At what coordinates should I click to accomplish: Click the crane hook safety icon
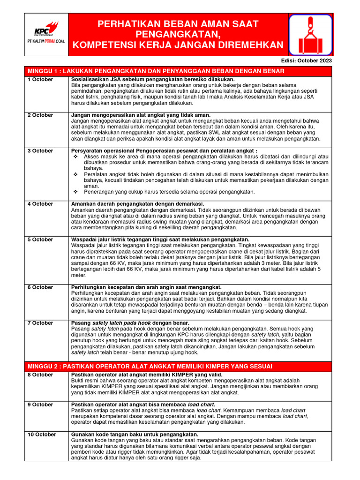tap(310, 34)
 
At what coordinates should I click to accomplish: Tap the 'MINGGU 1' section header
tap(156, 71)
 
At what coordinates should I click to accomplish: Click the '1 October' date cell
tap(40, 80)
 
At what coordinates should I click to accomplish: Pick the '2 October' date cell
tap(40, 115)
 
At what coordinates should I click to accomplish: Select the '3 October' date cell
tap(40, 151)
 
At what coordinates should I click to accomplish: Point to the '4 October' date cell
tap(40, 204)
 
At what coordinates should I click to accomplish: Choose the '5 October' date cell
tap(40, 240)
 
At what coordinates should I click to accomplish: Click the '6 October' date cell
tap(40, 287)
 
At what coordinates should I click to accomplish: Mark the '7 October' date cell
tap(40, 323)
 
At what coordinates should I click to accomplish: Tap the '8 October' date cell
tap(40, 375)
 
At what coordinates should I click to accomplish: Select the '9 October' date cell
tap(40, 405)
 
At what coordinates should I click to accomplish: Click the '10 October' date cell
tap(42, 435)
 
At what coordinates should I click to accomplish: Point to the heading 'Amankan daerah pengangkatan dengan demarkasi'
tap(137, 204)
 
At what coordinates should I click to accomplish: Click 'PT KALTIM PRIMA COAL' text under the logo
tap(45, 41)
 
